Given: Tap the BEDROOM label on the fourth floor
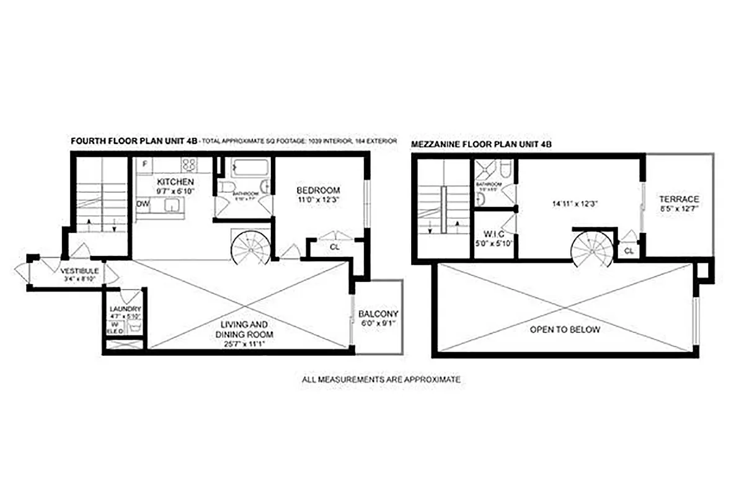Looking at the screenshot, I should click(318, 190).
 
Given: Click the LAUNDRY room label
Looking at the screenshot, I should click(125, 309).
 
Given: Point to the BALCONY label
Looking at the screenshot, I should click(378, 314).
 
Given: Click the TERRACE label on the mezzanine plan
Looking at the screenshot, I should click(679, 199).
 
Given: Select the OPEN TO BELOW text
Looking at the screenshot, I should click(564, 330).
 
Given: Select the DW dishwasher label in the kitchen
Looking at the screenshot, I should click(142, 203).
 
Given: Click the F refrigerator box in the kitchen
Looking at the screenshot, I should click(144, 164).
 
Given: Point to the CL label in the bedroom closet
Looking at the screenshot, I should click(335, 246).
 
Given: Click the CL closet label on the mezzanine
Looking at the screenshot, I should click(629, 250).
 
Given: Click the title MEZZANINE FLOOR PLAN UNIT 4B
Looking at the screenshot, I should click(481, 144).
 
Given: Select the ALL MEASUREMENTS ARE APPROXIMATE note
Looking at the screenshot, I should click(381, 379).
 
